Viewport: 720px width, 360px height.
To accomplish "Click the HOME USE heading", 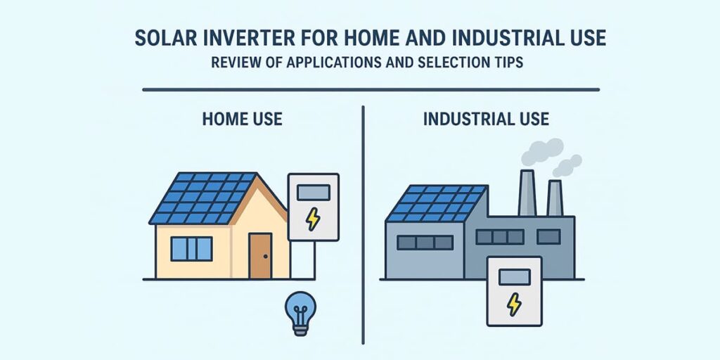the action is click(242, 120).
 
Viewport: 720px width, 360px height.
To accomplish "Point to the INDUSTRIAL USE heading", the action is click(486, 120).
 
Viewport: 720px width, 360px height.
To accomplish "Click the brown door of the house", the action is click(260, 255).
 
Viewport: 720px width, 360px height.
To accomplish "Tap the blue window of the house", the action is click(191, 248).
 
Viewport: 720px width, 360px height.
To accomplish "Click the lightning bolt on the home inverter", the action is click(313, 219).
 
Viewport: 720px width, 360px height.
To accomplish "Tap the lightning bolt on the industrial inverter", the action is click(514, 304).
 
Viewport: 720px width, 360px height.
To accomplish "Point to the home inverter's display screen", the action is click(313, 193).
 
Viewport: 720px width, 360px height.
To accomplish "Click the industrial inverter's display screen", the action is click(514, 277).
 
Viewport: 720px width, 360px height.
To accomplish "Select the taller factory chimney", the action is click(527, 193).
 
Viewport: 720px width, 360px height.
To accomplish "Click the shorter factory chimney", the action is click(555, 198).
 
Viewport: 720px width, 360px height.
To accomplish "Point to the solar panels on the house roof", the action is click(202, 198).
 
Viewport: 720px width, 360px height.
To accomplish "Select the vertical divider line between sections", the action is click(364, 225).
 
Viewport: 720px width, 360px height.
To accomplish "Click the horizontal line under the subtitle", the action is click(371, 89).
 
